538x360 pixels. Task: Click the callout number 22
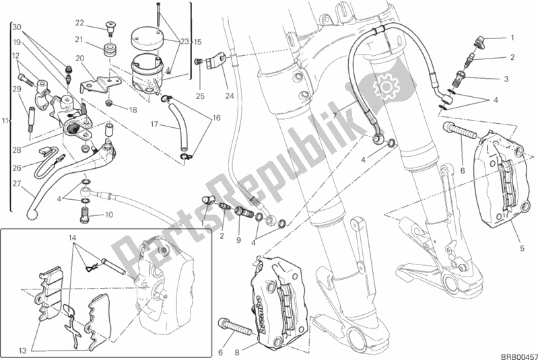79,23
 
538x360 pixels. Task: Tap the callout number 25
201,96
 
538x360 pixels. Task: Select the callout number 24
230,96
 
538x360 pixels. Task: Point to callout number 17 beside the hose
154,124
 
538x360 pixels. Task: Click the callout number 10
109,215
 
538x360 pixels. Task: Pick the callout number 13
23,351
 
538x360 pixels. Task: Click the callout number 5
522,248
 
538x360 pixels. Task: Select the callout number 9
238,240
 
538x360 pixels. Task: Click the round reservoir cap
147,38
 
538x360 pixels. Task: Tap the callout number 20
79,59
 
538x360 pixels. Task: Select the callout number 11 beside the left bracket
5,120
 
